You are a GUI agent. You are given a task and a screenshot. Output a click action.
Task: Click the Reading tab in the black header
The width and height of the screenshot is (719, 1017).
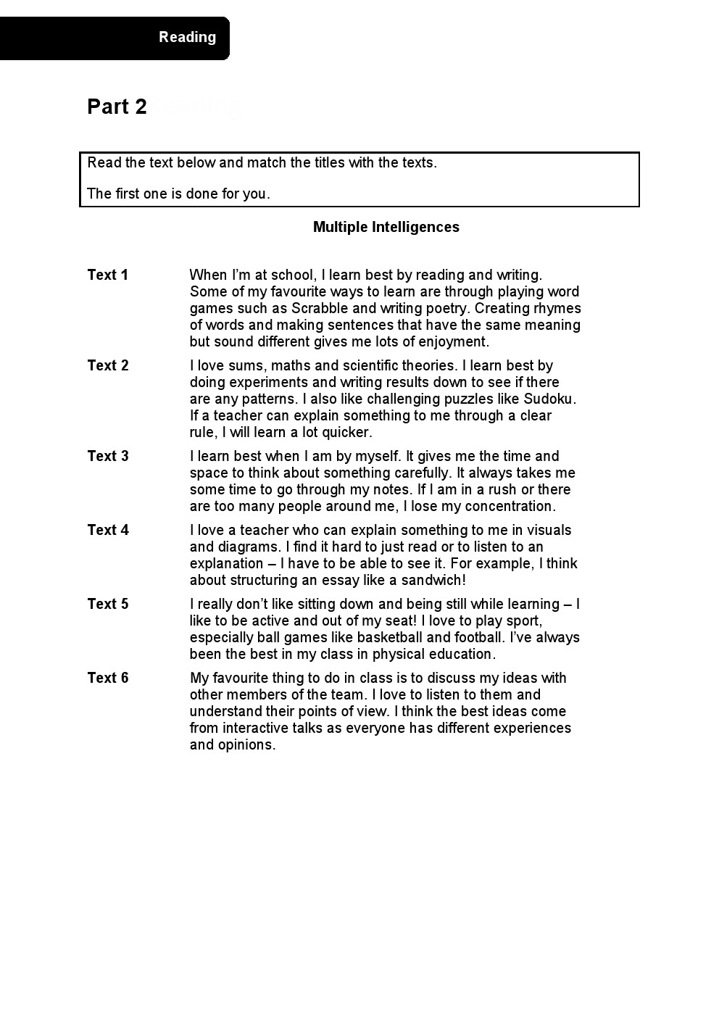tap(187, 37)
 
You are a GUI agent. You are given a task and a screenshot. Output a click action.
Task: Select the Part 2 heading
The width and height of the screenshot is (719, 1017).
tap(117, 107)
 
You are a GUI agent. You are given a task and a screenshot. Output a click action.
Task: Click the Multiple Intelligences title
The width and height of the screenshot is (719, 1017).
tap(386, 227)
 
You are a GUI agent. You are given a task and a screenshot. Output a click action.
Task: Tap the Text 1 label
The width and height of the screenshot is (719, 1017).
tap(107, 275)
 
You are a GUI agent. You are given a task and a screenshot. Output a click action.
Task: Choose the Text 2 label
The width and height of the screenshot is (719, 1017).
tap(107, 365)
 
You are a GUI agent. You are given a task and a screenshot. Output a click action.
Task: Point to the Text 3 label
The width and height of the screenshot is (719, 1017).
tap(107, 456)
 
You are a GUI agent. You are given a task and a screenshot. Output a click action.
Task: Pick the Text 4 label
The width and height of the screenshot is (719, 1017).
tap(107, 530)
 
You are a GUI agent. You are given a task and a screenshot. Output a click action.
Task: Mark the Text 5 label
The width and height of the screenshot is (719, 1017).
tap(107, 604)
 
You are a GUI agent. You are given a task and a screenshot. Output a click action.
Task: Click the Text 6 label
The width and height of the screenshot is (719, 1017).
tap(107, 678)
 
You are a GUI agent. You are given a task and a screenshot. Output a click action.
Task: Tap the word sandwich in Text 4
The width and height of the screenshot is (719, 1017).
tap(431, 580)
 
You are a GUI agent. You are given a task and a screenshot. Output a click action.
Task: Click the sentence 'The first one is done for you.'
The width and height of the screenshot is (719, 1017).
tap(178, 194)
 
